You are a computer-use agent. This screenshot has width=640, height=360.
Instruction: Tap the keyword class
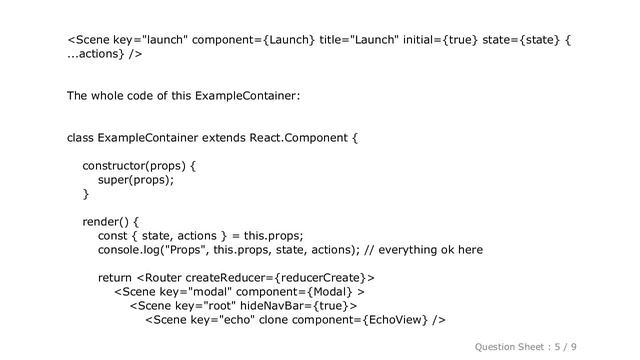tap(82, 136)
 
